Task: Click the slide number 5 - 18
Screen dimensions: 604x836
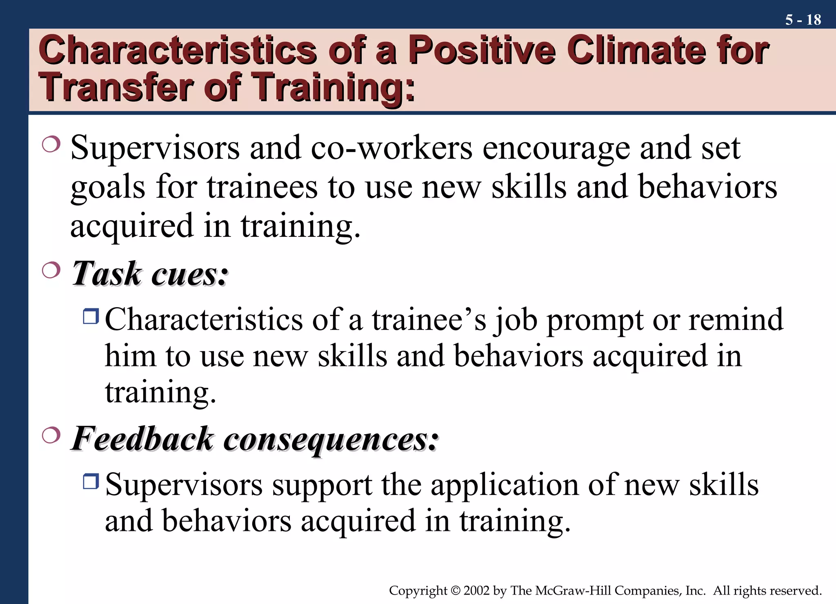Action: (803, 20)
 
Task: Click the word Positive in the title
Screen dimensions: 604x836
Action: (482, 51)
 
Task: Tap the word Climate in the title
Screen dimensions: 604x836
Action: (637, 51)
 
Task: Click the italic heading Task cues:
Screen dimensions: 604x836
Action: (149, 274)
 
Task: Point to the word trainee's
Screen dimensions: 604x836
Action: (429, 319)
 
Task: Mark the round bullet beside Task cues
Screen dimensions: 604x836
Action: (51, 270)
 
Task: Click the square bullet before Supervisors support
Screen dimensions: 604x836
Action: (91, 481)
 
